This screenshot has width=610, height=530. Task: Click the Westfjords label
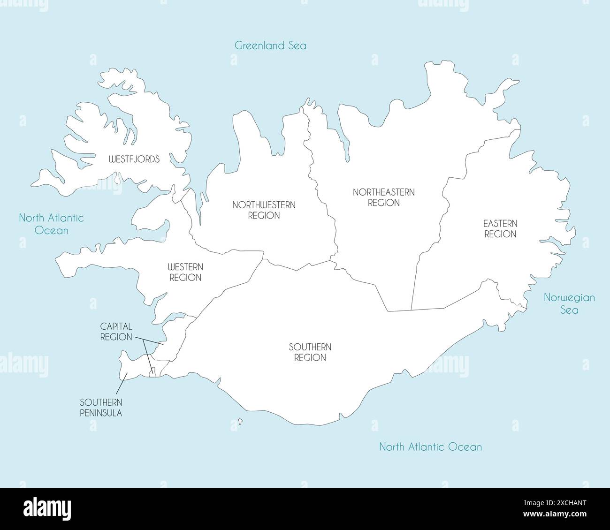coord(134,159)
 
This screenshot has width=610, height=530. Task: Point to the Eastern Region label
coord(500,228)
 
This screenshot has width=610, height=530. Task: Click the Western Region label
coord(185,272)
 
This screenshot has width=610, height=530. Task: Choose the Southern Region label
coord(310,352)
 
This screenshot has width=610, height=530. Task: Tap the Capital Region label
coord(116,331)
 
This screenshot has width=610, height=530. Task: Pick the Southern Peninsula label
coord(101,408)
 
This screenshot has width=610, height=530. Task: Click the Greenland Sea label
coord(270,45)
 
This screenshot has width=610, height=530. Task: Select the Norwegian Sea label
coord(569,303)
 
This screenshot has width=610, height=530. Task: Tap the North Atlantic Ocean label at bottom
coord(430,447)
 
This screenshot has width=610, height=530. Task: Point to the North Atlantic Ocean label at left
coord(51,224)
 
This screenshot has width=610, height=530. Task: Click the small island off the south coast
coord(240,422)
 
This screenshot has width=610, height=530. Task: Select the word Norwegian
coord(569,297)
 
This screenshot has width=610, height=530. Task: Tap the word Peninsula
coord(101,413)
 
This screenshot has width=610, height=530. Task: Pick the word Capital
coord(116,326)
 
